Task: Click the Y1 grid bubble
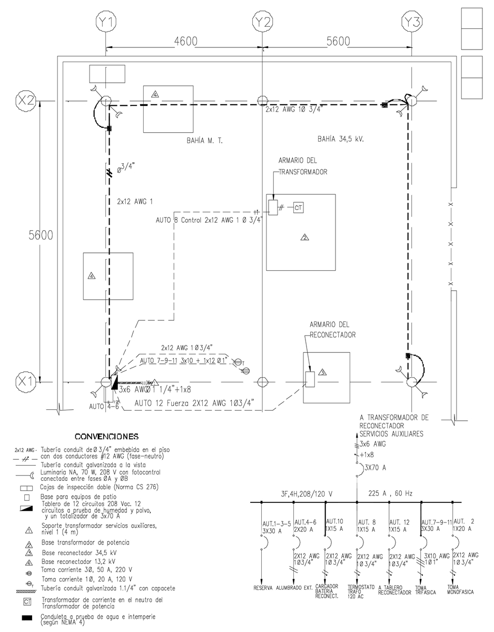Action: pyautogui.click(x=107, y=21)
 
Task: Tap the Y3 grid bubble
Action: pyautogui.click(x=412, y=21)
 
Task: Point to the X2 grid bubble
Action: pyautogui.click(x=25, y=100)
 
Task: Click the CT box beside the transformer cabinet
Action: pyautogui.click(x=298, y=207)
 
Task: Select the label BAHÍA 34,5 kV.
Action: pyautogui.click(x=341, y=140)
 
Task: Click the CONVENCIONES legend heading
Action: pyautogui.click(x=106, y=437)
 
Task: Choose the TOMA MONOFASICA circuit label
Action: pyautogui.click(x=460, y=589)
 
